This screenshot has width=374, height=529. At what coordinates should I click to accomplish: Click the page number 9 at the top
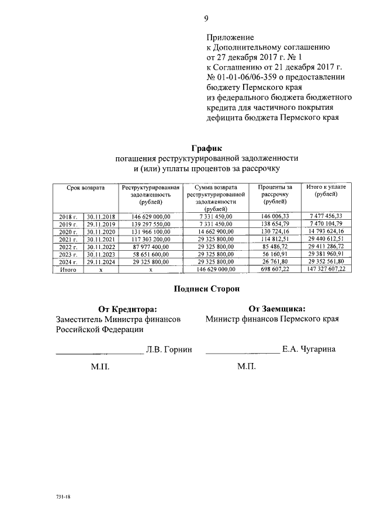pyautogui.click(x=206, y=18)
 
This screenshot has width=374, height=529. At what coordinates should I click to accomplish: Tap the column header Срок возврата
pyautogui.click(x=85, y=188)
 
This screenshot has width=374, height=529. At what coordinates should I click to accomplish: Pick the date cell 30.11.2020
pyautogui.click(x=101, y=231)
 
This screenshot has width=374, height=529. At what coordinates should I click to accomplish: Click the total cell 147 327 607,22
pyautogui.click(x=325, y=269)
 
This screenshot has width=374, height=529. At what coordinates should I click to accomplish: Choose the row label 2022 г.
pyautogui.click(x=68, y=247)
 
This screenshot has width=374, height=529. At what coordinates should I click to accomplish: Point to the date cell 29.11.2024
pyautogui.click(x=101, y=262)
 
